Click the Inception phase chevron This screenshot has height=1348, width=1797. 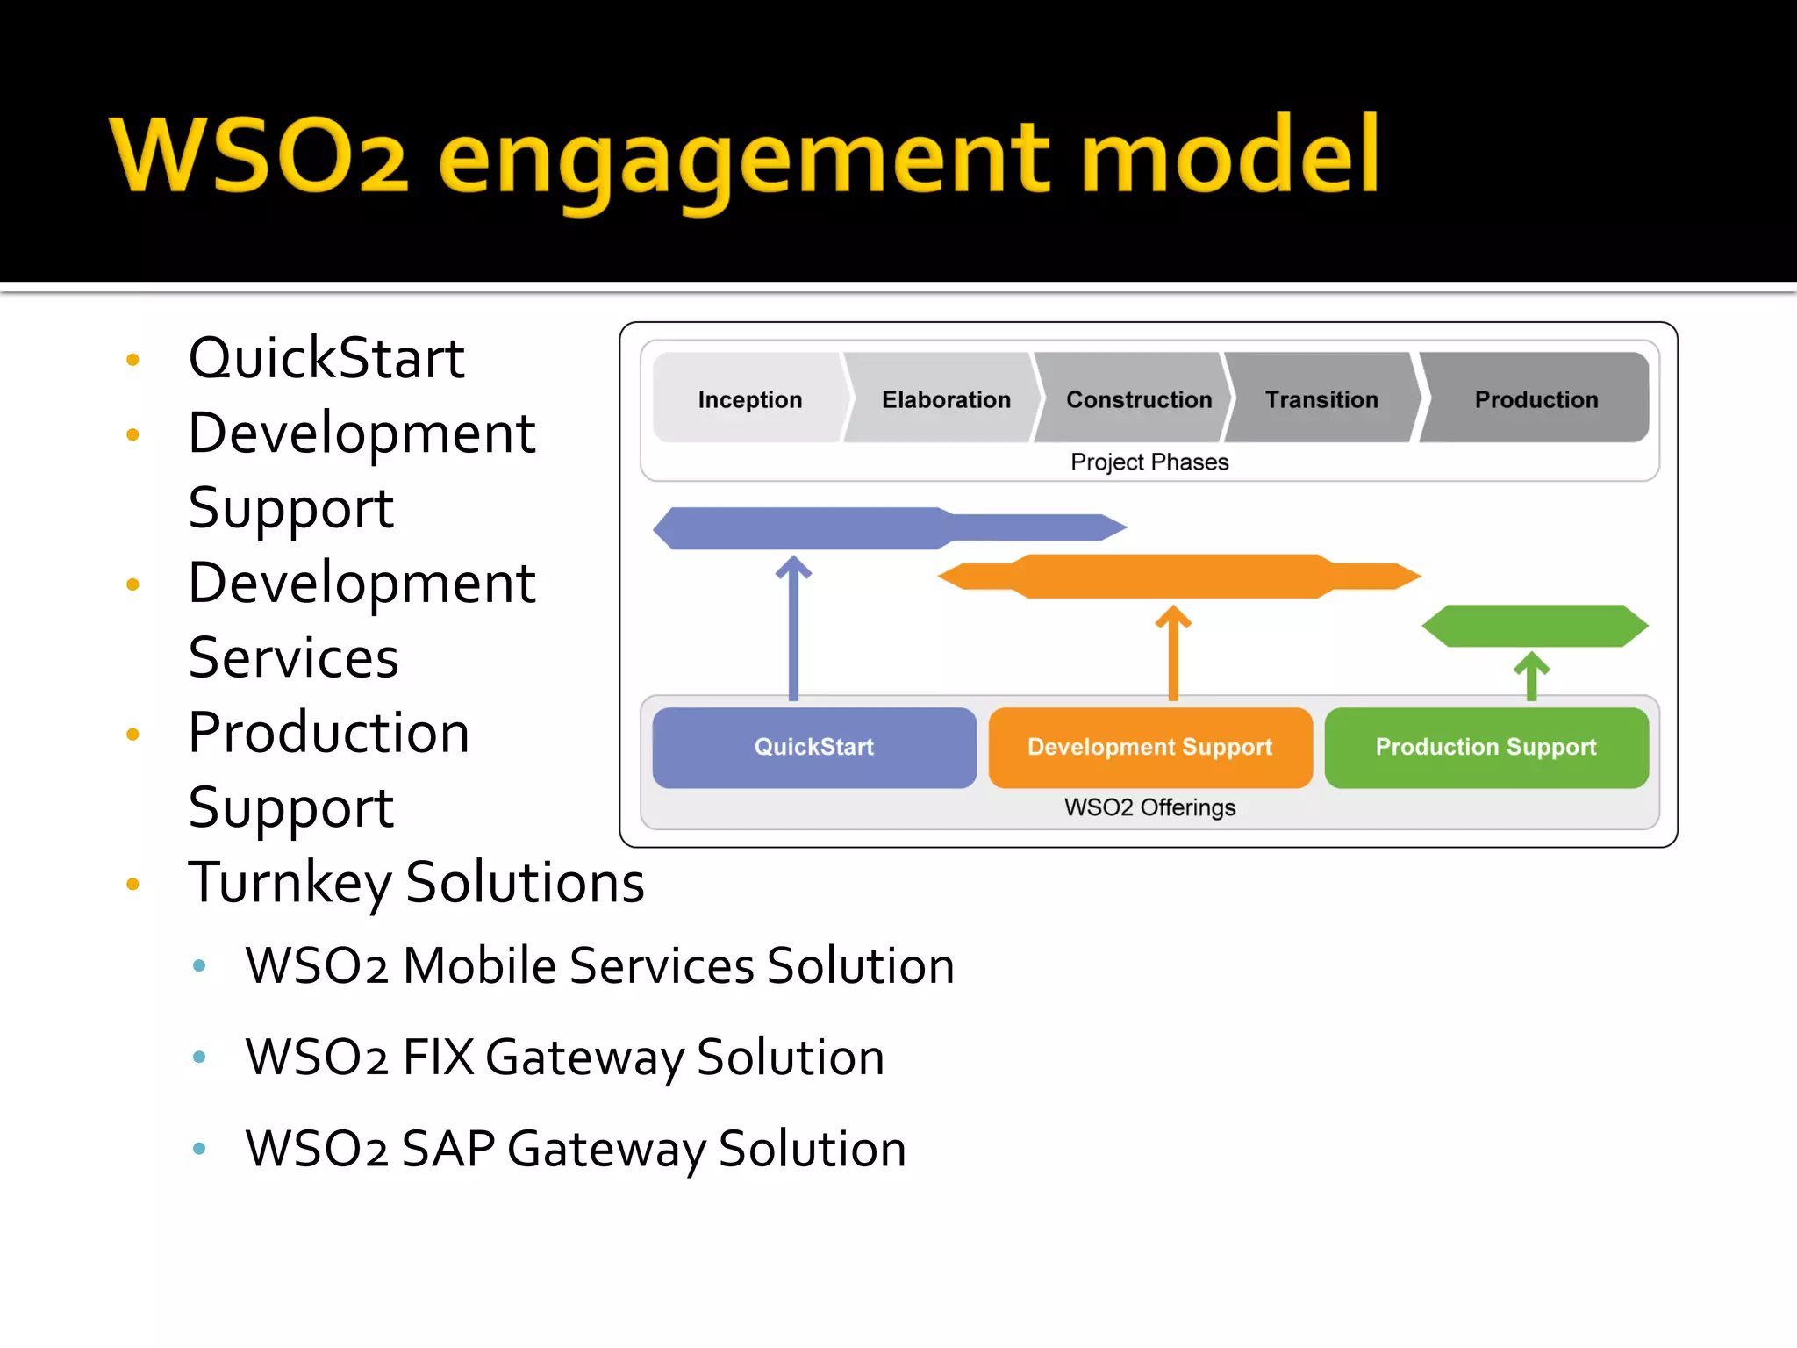pos(749,399)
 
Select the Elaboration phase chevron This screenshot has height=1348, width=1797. pos(945,399)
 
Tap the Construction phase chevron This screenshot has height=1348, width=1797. pos(1138,399)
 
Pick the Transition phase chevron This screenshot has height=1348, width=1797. pos(1321,399)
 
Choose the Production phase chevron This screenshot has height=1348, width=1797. pos(1536,399)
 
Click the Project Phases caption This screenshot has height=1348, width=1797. pos(1149,462)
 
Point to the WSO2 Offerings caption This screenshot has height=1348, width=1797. pos(1149,807)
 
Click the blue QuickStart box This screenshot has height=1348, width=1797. pos(814,747)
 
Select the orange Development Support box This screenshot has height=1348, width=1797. pos(1149,747)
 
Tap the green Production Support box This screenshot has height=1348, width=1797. pos(1486,747)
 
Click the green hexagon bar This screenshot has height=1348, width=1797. pos(1535,626)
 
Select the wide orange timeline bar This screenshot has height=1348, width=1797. pos(1176,577)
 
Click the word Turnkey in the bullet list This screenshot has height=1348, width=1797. pos(290,882)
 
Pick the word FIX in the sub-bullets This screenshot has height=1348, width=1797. pos(436,1057)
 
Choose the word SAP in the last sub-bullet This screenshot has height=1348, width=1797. pos(447,1148)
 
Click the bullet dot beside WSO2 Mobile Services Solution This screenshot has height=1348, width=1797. pos(199,965)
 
